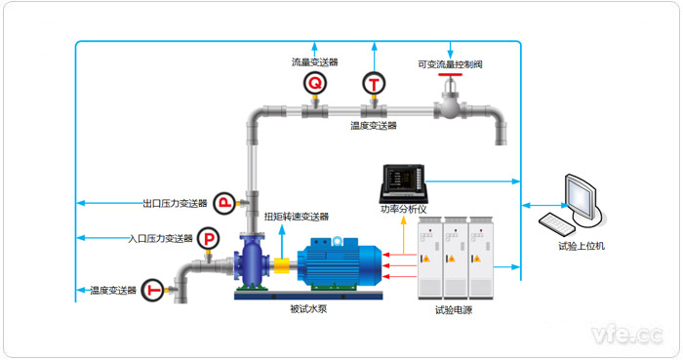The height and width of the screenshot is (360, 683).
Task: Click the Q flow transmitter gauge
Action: pyautogui.click(x=315, y=83)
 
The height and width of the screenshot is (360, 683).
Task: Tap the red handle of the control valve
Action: pyautogui.click(x=450, y=75)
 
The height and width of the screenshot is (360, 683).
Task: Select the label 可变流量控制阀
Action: pyautogui.click(x=450, y=64)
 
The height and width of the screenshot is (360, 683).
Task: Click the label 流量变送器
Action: pyautogui.click(x=314, y=62)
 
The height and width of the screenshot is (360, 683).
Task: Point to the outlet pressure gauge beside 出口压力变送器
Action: pyautogui.click(x=224, y=203)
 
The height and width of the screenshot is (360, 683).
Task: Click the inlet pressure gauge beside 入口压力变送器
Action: pyautogui.click(x=208, y=239)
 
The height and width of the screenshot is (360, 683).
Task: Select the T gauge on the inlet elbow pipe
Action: pyautogui.click(x=153, y=290)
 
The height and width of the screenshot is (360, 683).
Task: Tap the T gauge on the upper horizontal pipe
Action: pyautogui.click(x=374, y=84)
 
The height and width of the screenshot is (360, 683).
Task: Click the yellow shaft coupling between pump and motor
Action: pyautogui.click(x=282, y=265)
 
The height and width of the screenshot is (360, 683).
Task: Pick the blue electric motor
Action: pyautogui.click(x=339, y=262)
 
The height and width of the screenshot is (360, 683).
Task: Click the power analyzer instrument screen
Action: pyautogui.click(x=403, y=179)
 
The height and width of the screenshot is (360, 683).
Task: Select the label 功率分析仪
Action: pyautogui.click(x=403, y=209)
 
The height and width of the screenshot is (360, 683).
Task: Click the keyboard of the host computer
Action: pyautogui.click(x=557, y=224)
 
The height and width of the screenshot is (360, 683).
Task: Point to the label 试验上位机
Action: pyautogui.click(x=582, y=246)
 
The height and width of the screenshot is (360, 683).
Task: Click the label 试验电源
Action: pyautogui.click(x=454, y=310)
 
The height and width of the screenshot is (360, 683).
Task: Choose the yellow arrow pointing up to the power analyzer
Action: pyautogui.click(x=403, y=234)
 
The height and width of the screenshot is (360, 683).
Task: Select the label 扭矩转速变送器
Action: pyautogui.click(x=297, y=217)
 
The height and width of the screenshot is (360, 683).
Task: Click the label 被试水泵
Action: pyautogui.click(x=308, y=309)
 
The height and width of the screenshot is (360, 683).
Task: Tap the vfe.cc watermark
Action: pyautogui.click(x=627, y=335)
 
